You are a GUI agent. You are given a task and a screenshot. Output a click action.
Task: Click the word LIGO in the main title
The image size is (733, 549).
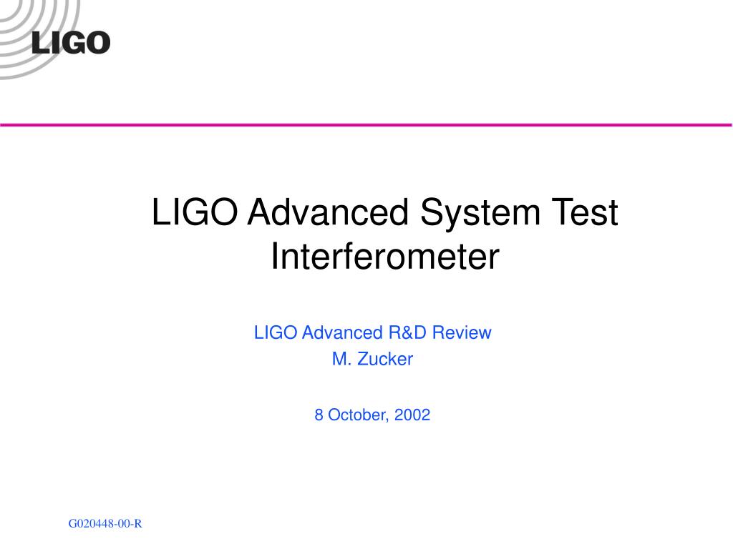[x=195, y=214]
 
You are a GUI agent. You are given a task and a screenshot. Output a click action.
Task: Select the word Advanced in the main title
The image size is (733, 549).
[x=329, y=214]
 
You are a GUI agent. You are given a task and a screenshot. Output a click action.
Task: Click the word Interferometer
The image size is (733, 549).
[x=384, y=257]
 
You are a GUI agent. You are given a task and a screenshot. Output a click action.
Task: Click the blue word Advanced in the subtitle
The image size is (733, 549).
[x=342, y=332]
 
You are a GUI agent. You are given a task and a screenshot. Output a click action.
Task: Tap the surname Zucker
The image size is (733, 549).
[x=384, y=360]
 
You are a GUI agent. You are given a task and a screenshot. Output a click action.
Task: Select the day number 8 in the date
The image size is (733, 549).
[x=319, y=415]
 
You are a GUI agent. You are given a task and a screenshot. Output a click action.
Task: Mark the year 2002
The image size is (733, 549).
[x=412, y=415]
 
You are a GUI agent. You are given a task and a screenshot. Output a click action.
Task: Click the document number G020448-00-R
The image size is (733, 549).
[x=105, y=524]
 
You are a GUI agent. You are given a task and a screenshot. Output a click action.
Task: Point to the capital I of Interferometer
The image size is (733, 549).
[x=275, y=257]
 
